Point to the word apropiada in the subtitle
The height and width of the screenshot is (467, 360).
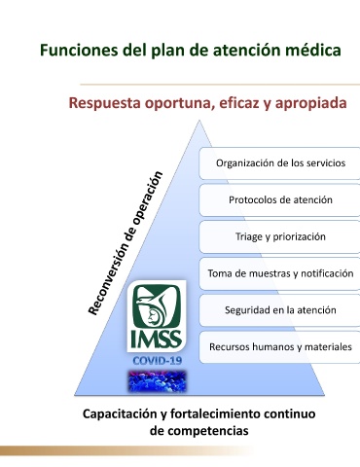310,103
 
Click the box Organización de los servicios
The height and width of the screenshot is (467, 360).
279,163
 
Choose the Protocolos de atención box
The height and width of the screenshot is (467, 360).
279,199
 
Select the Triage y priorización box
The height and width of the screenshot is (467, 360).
279,236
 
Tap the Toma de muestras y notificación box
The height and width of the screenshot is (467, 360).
279,273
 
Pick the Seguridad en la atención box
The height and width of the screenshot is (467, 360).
279,310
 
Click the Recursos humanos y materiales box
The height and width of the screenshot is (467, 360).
279,347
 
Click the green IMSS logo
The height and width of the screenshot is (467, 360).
157,316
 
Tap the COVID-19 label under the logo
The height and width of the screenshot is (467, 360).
158,361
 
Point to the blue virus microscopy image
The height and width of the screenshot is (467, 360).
157,380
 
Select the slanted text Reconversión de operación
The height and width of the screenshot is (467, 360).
126,243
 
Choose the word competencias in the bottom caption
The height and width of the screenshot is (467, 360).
208,431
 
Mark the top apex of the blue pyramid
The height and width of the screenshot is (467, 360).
199,121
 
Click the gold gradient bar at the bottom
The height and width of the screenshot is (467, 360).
126,450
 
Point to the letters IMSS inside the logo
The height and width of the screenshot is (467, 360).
157,340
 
